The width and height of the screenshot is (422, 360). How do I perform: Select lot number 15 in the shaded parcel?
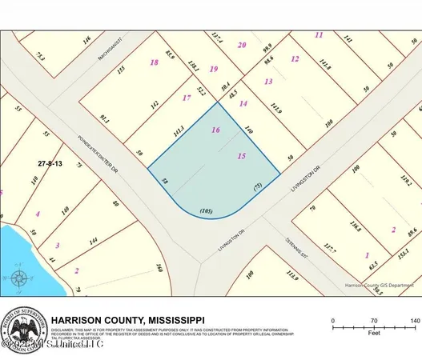pyautogui.click(x=242, y=157)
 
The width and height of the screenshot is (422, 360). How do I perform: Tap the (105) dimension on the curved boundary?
pyautogui.click(x=207, y=211)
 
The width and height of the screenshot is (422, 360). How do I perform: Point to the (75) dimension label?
pyautogui.click(x=259, y=186)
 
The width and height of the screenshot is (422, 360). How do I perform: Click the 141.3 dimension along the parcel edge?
pyautogui.click(x=179, y=130)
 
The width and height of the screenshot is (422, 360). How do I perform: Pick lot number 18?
pyautogui.click(x=155, y=62)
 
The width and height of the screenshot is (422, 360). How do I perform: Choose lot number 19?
pyautogui.click(x=213, y=69)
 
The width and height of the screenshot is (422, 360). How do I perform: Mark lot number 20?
pyautogui.click(x=242, y=45)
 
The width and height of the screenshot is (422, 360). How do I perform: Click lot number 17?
pyautogui.click(x=187, y=98)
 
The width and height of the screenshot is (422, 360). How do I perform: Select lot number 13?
pyautogui.click(x=268, y=82)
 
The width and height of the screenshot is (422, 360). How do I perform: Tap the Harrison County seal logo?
pyautogui.click(x=23, y=328)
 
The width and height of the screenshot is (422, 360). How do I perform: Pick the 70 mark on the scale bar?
pyautogui.click(x=373, y=320)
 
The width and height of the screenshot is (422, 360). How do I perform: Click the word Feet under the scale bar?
pyautogui.click(x=373, y=335)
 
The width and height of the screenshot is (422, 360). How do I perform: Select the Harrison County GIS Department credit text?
pyautogui.click(x=379, y=284)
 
